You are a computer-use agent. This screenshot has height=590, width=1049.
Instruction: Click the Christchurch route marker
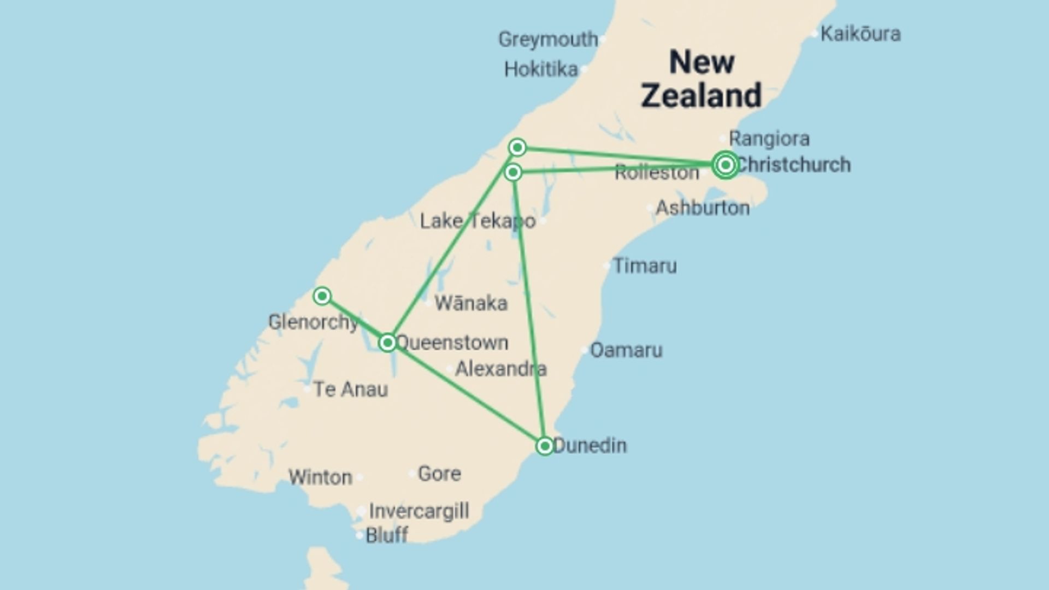(x=725, y=164)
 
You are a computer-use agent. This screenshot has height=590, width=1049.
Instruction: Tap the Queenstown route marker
(x=387, y=343)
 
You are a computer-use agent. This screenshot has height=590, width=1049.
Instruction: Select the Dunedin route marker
(x=544, y=446)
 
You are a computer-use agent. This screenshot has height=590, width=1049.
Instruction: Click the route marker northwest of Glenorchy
(x=322, y=296)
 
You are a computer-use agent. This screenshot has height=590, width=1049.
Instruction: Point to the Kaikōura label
(x=860, y=34)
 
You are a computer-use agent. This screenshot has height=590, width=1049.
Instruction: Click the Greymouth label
(x=548, y=39)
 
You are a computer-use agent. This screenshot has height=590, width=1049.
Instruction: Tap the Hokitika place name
(x=540, y=69)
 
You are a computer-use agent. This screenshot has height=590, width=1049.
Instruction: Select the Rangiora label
(x=769, y=139)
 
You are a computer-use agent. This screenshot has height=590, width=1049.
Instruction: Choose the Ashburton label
(x=702, y=208)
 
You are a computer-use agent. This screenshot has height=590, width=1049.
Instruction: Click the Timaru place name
(x=645, y=266)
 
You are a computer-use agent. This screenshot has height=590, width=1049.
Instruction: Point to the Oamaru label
(x=626, y=350)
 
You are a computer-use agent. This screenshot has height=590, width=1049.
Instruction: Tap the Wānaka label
(x=470, y=303)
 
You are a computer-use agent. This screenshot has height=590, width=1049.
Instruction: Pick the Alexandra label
(x=500, y=369)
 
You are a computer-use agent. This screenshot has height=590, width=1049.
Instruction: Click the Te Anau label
(x=350, y=390)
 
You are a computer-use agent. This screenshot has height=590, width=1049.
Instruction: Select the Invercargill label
(x=419, y=511)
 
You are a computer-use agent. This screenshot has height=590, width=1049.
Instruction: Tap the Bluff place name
(x=386, y=535)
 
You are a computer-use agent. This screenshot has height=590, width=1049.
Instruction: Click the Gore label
(x=439, y=474)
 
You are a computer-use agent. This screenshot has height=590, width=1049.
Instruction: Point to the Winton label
(x=320, y=477)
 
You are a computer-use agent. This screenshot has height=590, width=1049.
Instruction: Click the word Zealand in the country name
(x=701, y=95)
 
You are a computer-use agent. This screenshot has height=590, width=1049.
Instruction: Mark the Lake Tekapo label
(x=478, y=221)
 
